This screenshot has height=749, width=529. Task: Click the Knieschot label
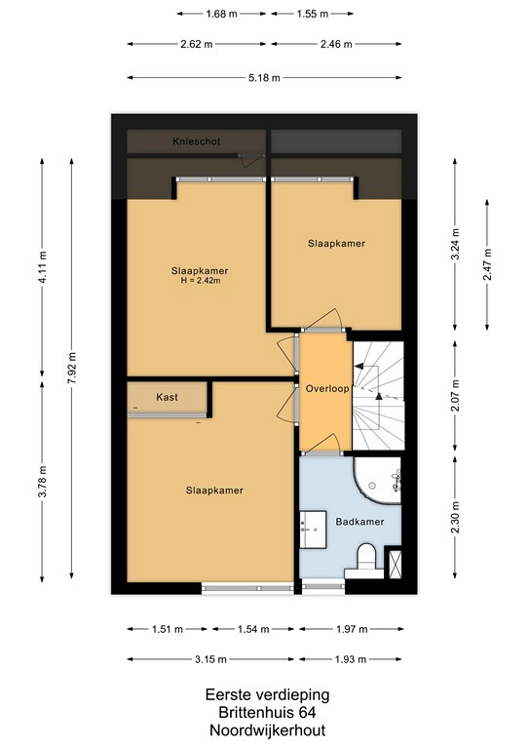tap(197, 141)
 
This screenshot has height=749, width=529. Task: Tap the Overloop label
tap(327, 388)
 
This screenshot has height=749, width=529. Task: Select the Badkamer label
tap(359, 522)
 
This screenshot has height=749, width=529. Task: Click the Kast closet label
tap(167, 397)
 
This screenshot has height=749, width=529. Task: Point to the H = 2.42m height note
tap(201, 281)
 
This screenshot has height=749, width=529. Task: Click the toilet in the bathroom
tap(366, 558)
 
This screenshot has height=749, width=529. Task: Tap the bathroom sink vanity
tap(313, 530)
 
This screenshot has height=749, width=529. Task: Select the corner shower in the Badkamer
tap(377, 480)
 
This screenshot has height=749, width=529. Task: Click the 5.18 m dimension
tap(264, 78)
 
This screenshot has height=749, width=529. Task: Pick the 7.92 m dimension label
tap(71, 368)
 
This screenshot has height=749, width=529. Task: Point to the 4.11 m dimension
tap(42, 267)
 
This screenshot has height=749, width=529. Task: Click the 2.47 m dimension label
tap(487, 264)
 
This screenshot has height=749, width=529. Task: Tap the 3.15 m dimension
tap(210, 659)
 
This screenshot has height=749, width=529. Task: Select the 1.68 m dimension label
tap(221, 14)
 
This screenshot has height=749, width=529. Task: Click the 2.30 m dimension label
tap(455, 517)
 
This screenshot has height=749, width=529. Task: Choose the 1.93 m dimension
tap(350, 659)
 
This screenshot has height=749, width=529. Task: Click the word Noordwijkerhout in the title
tap(268, 730)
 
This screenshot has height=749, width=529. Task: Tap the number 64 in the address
tap(308, 712)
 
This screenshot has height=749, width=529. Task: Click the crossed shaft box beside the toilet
tap(396, 564)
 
